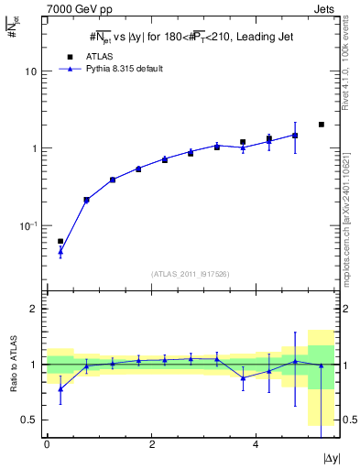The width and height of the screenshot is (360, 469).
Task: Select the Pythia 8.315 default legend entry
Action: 115,69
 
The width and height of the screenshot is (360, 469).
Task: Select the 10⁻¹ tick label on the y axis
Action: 29,225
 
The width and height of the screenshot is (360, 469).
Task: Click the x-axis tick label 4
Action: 255,443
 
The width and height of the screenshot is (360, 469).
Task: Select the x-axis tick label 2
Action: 151,443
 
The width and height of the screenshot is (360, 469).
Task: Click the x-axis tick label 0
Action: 48,443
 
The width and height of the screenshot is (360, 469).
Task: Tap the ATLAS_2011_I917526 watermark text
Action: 190,274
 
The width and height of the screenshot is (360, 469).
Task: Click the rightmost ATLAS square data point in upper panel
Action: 321,125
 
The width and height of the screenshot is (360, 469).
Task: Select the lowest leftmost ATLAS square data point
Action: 60,242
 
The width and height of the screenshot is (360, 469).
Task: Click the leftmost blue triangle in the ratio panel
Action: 60,388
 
